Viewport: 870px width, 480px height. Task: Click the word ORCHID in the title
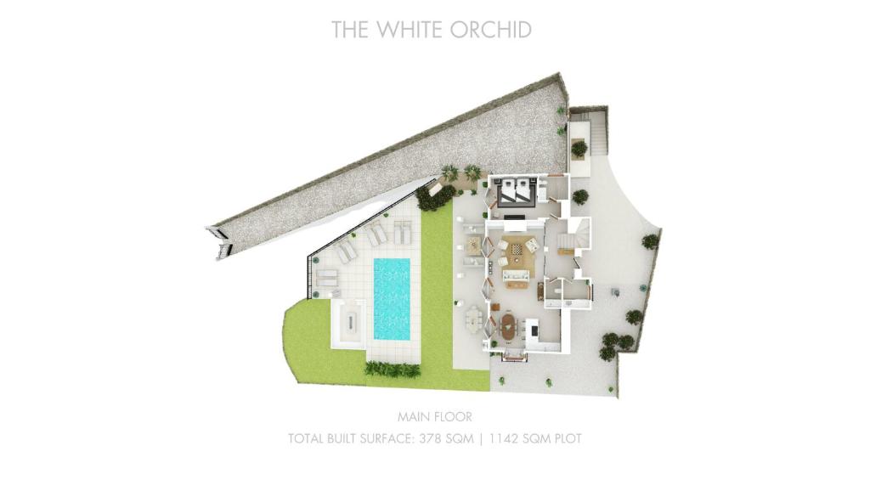[490, 30]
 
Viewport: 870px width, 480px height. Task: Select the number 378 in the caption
[431, 439]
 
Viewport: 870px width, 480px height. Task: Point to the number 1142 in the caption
[505, 439]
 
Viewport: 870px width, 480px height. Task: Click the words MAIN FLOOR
[434, 417]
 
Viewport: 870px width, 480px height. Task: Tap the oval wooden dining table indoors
[508, 327]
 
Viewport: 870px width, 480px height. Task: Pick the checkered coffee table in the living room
[517, 247]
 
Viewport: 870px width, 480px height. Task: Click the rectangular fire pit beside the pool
[348, 321]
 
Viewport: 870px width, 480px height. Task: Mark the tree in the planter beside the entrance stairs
[579, 148]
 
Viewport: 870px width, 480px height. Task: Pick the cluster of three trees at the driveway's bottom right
[615, 344]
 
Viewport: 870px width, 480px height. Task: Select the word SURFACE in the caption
[385, 439]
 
